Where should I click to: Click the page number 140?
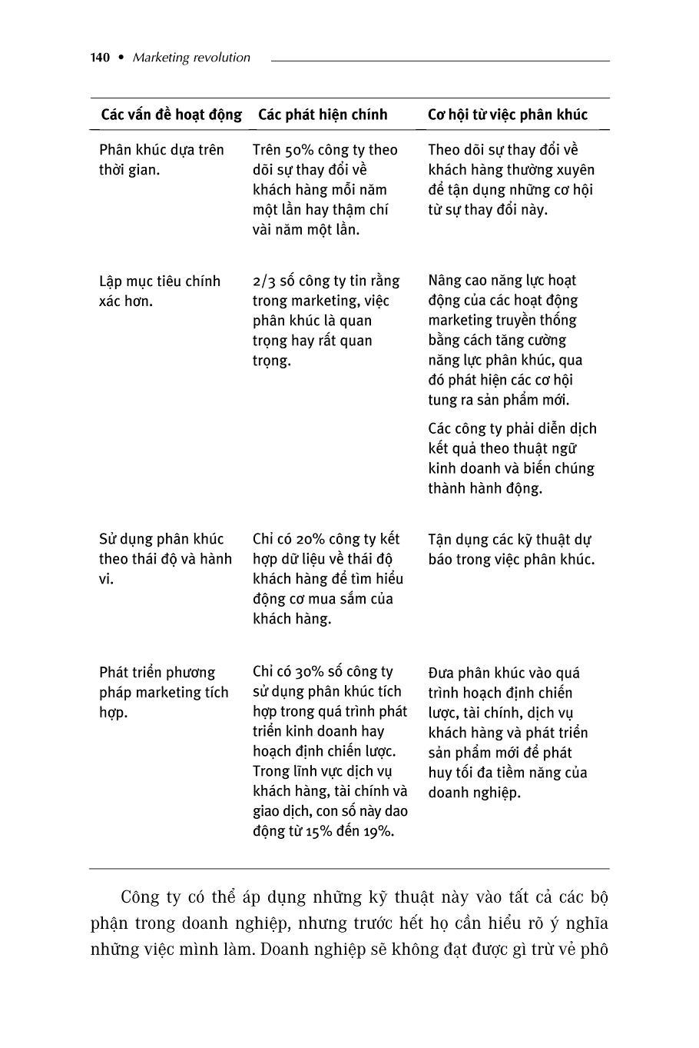coord(100,58)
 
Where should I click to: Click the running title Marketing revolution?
coord(191,58)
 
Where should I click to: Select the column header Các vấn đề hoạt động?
coord(171,115)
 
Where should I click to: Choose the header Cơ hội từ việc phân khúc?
coord(507,115)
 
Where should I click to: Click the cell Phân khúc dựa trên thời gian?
coord(161,160)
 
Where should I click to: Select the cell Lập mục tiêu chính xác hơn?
coord(160,291)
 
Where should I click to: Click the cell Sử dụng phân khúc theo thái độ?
coord(165,559)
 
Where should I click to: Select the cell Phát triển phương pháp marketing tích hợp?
coord(164,692)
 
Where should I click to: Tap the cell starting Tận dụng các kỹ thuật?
coord(511,549)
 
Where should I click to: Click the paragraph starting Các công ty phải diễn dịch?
coord(512,458)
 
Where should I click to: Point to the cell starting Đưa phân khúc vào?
coord(508,733)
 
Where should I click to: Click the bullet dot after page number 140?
coord(121,58)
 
